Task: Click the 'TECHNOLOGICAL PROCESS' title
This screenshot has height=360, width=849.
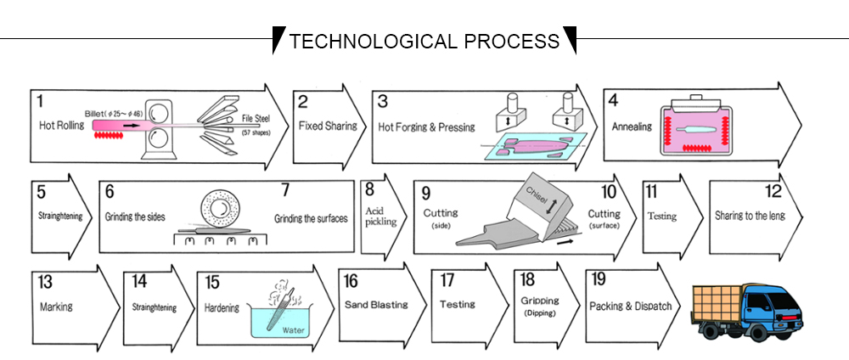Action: tap(424, 41)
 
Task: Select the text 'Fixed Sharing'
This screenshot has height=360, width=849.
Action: tap(322, 126)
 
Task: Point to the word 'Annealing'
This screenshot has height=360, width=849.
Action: tap(632, 127)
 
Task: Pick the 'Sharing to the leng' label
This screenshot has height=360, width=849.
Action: tap(750, 216)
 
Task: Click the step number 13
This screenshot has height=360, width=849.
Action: tap(45, 281)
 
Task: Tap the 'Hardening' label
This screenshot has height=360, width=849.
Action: tap(222, 307)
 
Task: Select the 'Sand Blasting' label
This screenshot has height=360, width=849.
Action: tap(376, 304)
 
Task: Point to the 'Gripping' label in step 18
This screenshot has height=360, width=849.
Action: tap(539, 301)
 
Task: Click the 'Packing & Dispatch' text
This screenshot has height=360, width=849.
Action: tap(630, 306)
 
